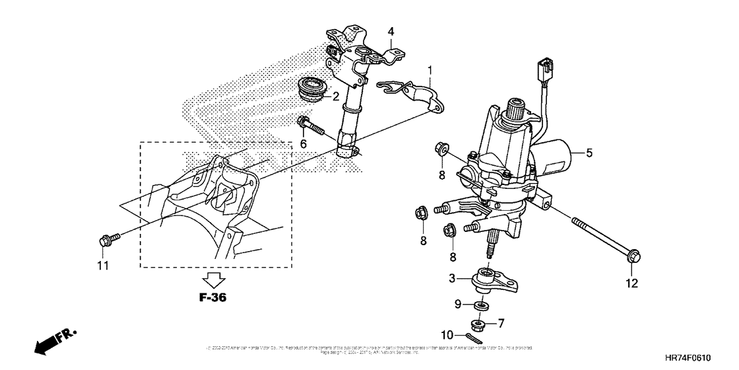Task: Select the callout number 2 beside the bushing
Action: (x=336, y=96)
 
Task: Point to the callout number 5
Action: (x=589, y=153)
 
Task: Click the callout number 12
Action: (x=632, y=283)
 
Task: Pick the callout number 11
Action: (x=103, y=266)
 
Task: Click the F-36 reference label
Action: (x=213, y=298)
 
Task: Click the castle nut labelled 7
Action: (x=480, y=324)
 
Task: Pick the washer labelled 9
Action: (x=482, y=305)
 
